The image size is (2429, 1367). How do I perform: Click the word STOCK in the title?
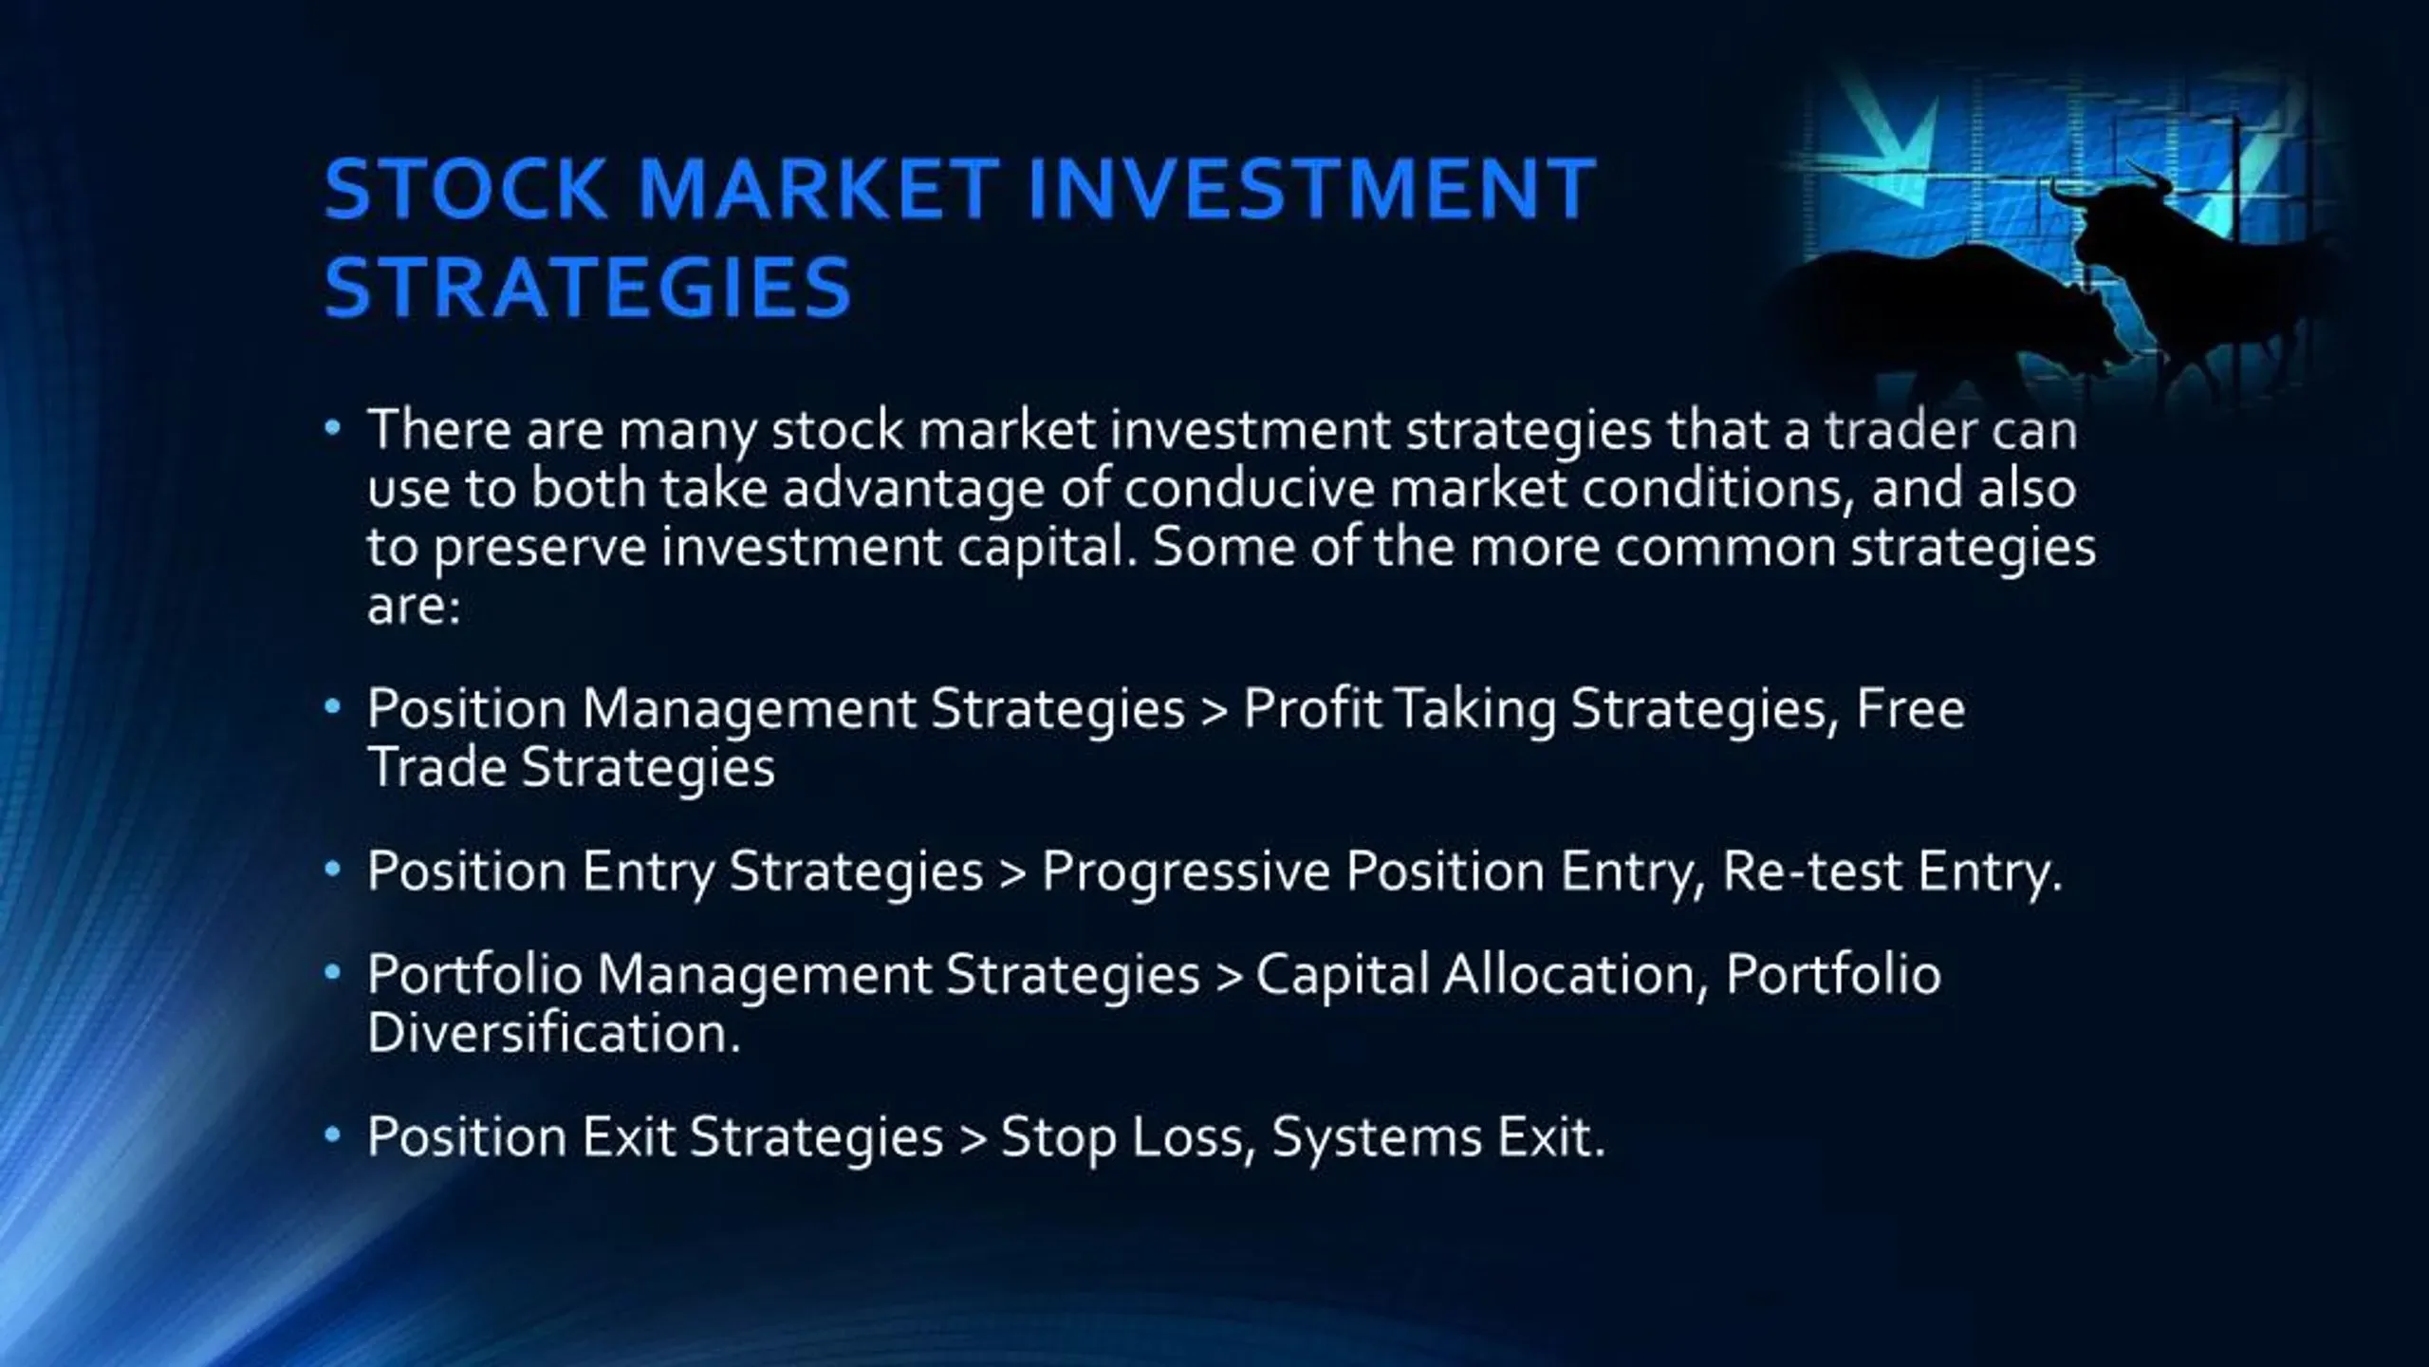[465, 188]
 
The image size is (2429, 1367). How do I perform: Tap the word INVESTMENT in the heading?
[1310, 188]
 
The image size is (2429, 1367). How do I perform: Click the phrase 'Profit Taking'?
[1400, 709]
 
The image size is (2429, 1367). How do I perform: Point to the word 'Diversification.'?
[553, 1033]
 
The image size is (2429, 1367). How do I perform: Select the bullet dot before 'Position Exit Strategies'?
[331, 1134]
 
